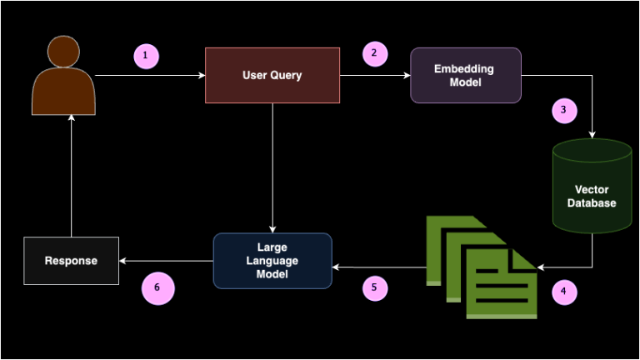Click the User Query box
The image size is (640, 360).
pyautogui.click(x=272, y=75)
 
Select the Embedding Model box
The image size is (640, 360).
pyautogui.click(x=465, y=75)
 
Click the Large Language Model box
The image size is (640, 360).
pyautogui.click(x=272, y=261)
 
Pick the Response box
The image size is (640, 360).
pyautogui.click(x=71, y=261)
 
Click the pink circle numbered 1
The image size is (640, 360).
pyautogui.click(x=146, y=56)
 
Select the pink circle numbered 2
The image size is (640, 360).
pyautogui.click(x=374, y=53)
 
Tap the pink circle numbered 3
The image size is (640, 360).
pyautogui.click(x=563, y=110)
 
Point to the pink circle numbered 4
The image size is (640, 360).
pyautogui.click(x=563, y=292)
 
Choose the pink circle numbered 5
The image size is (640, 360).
pyautogui.click(x=374, y=287)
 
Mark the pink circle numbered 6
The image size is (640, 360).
pyautogui.click(x=157, y=289)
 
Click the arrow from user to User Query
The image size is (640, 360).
pyautogui.click(x=150, y=76)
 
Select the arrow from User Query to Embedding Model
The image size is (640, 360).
pyautogui.click(x=375, y=76)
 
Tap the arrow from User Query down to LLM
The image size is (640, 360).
pyautogui.click(x=272, y=167)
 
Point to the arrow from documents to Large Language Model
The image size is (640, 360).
pyautogui.click(x=379, y=267)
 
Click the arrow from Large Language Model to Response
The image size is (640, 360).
pyautogui.click(x=167, y=261)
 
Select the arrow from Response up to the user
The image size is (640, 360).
pyautogui.click(x=71, y=175)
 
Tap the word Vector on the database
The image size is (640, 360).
pyautogui.click(x=592, y=190)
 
